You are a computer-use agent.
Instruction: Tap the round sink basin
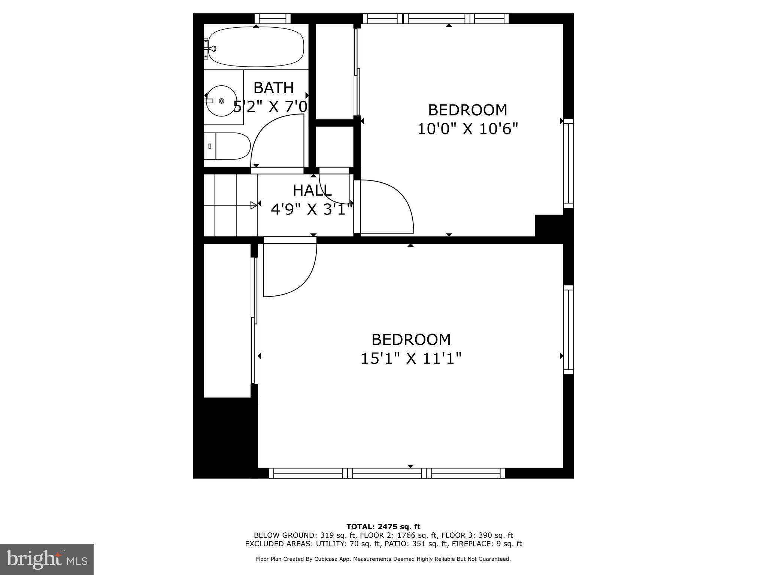point(222,101)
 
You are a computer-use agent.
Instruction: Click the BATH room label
point(273,88)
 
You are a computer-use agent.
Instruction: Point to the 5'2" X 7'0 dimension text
point(270,107)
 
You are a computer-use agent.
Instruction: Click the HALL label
point(312,191)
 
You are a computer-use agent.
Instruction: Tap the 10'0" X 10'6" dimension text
point(467,130)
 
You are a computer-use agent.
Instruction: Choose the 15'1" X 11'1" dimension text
point(411,359)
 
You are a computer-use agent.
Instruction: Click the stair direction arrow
point(254,205)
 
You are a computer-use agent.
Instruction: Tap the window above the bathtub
point(272,18)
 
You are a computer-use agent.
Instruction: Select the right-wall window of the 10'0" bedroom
point(568,163)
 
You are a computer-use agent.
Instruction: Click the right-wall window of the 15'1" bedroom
point(568,330)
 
